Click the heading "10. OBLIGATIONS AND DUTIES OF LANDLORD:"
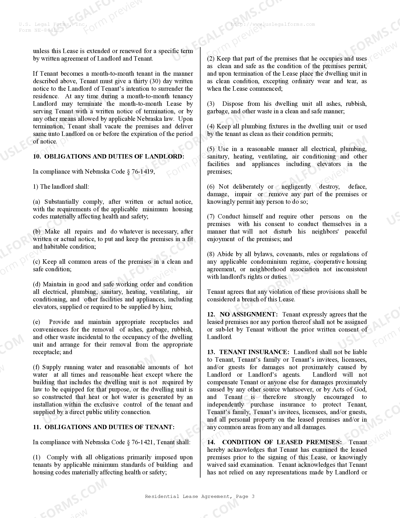click(109, 156)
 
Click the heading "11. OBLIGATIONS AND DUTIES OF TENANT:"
click(104, 427)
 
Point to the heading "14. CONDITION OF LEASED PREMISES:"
click(274, 442)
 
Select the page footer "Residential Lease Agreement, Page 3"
click(200, 496)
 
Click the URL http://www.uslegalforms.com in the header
click(273, 24)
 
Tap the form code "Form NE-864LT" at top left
click(39, 30)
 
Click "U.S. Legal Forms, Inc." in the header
click(53, 24)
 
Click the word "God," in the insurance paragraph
click(359, 389)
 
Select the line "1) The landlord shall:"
click(61, 186)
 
